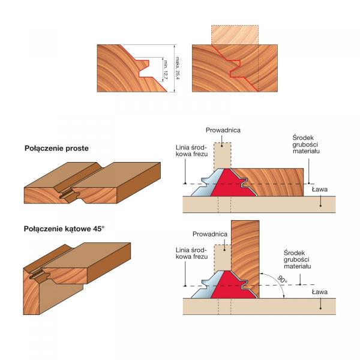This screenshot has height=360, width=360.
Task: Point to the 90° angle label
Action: (281, 279)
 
